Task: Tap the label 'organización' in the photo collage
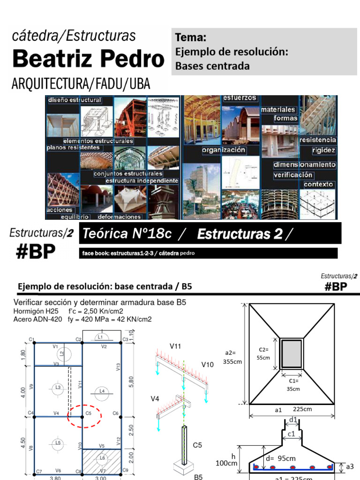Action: coord(224,150)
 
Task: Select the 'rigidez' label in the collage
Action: coord(324,150)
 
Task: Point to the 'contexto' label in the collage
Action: coord(319,184)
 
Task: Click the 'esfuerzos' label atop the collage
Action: coord(240,98)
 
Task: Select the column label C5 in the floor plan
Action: coord(89,413)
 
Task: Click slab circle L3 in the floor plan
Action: coord(58,387)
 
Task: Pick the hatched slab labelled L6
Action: coord(102,457)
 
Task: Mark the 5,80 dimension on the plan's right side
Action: coord(131,382)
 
